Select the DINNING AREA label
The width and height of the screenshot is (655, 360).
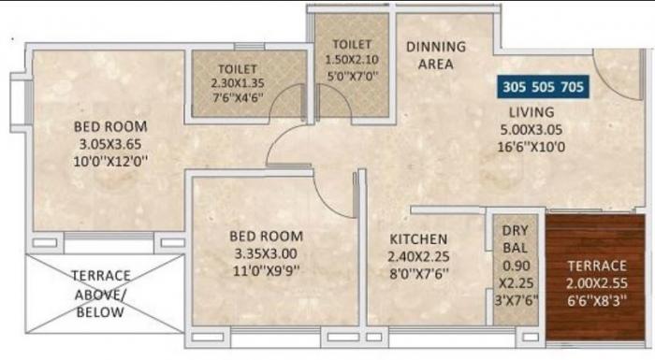tap(435, 55)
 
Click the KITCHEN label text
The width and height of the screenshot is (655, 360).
tap(416, 239)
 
